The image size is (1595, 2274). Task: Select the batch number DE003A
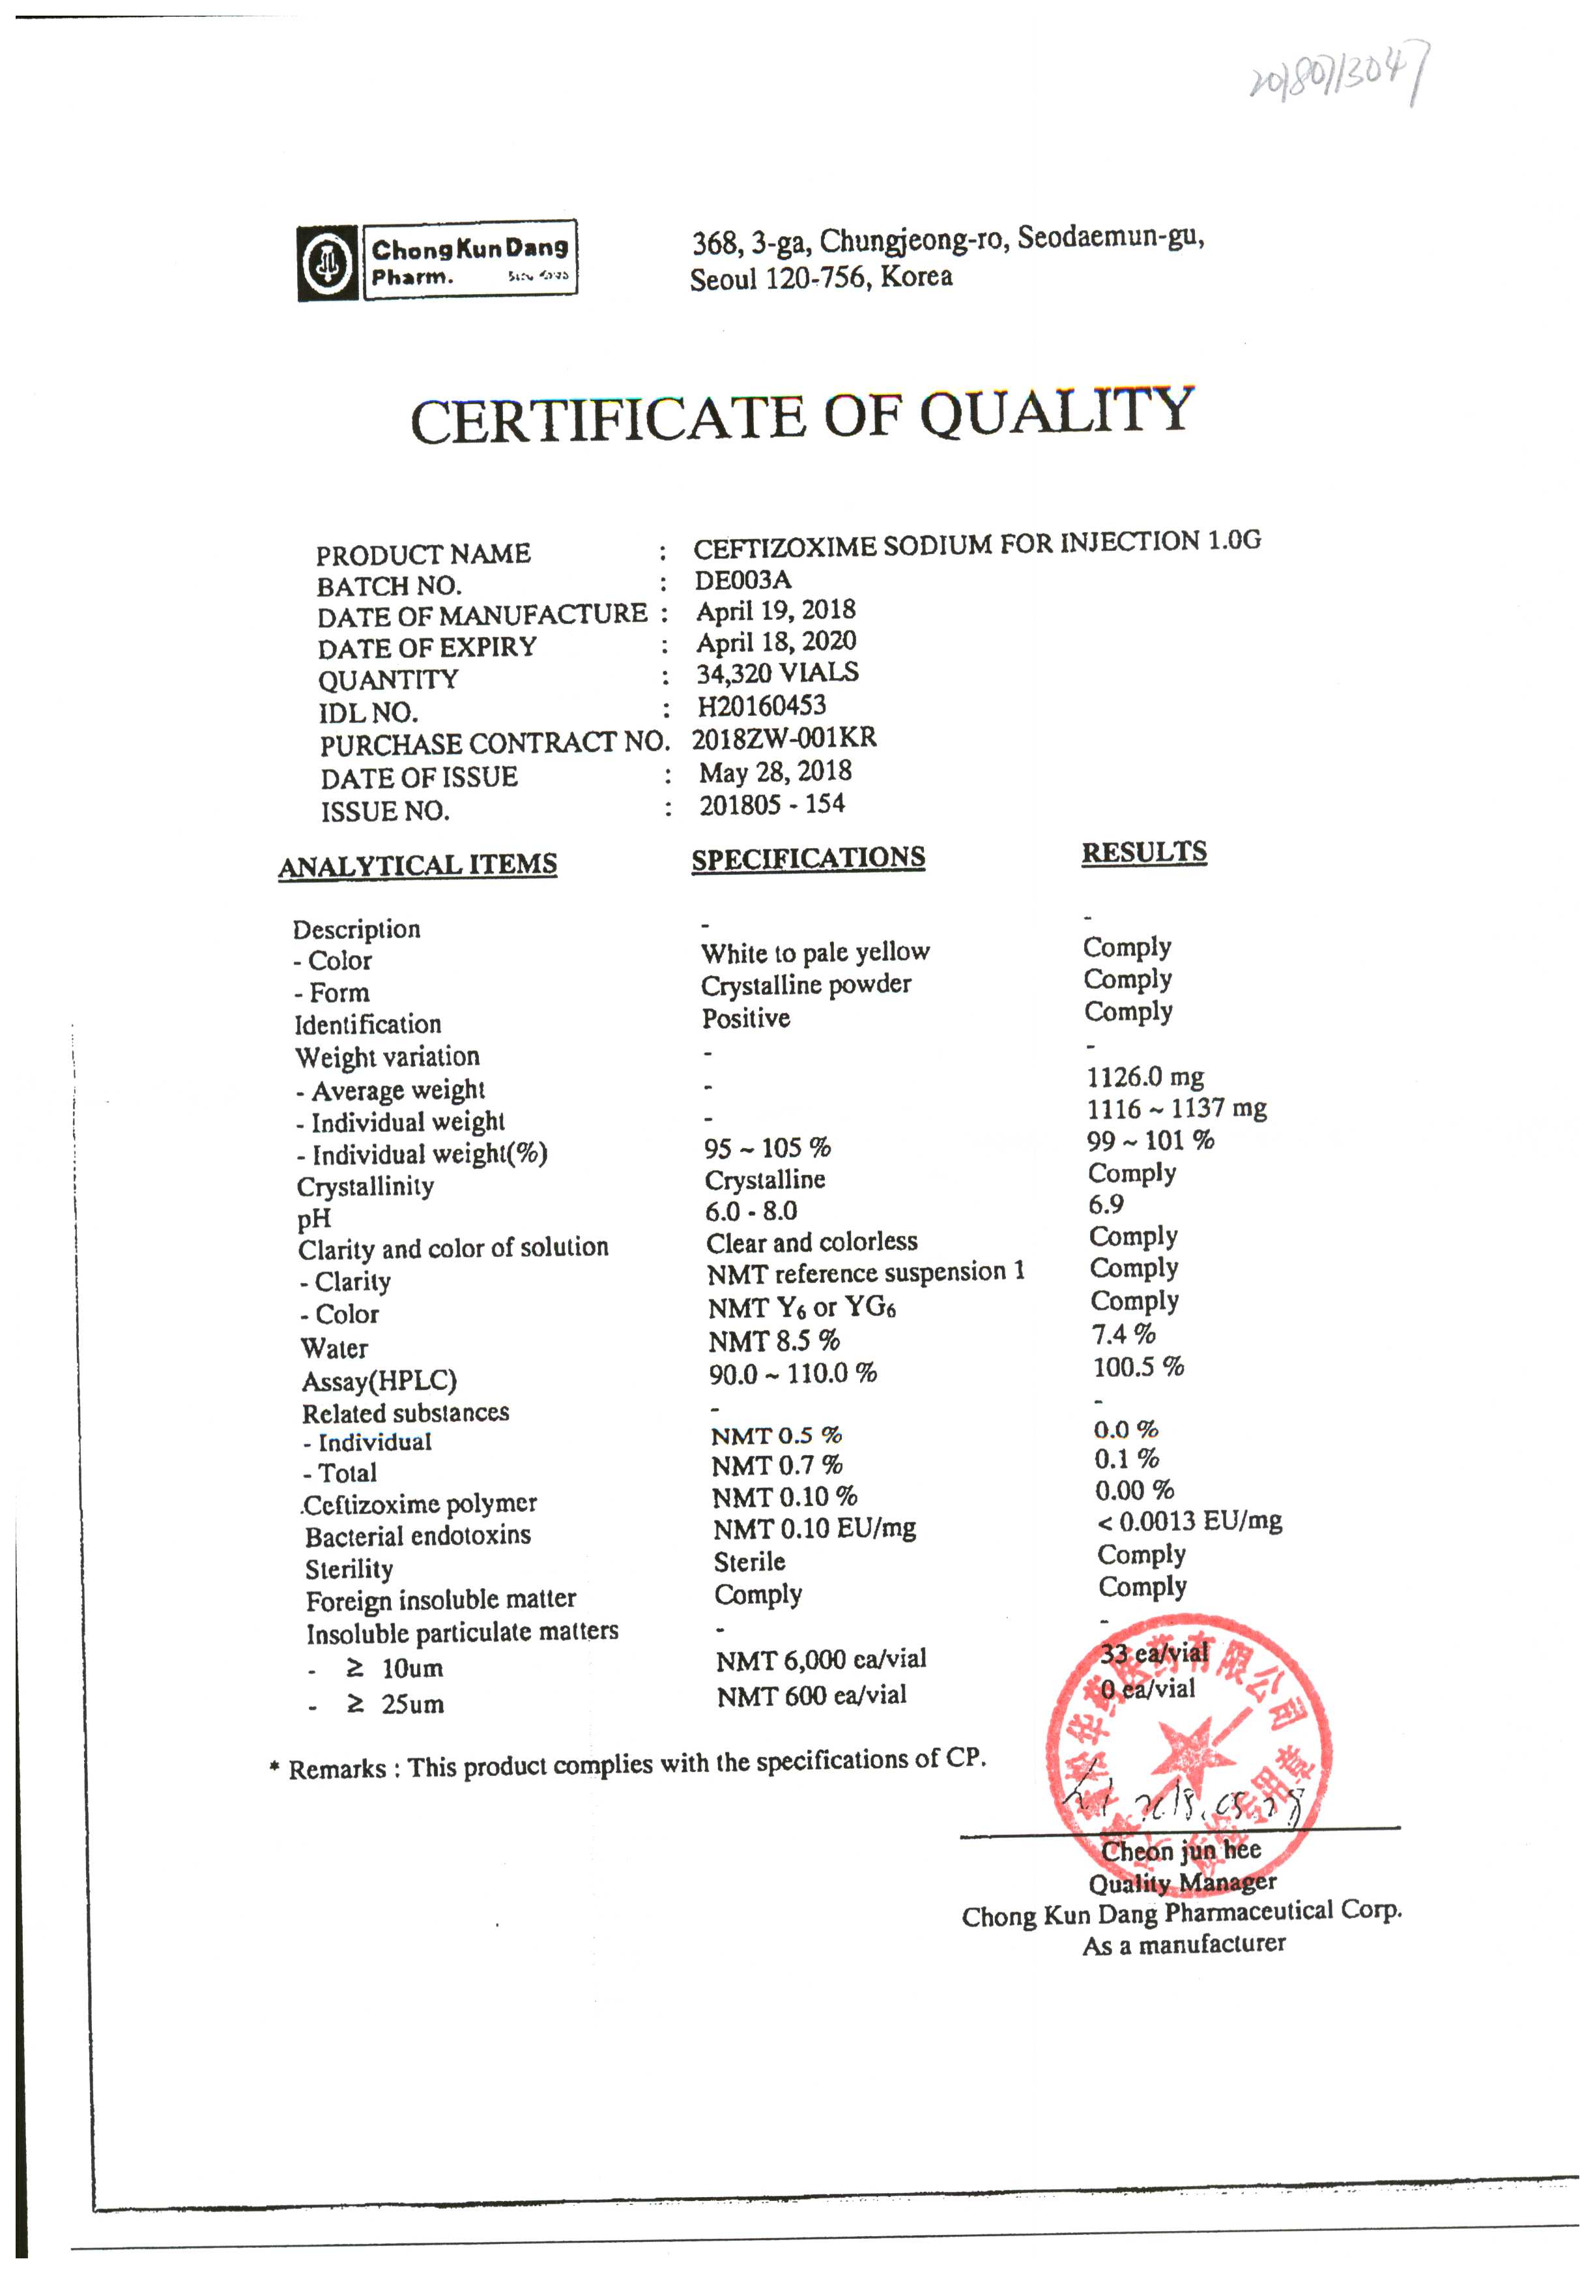click(743, 580)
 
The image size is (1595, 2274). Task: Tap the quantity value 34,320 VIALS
click(777, 673)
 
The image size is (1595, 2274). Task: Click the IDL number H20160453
click(762, 705)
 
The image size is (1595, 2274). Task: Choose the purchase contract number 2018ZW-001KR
click(783, 739)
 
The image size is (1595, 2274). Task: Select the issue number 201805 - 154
click(772, 805)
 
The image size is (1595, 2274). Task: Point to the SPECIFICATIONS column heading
click(808, 858)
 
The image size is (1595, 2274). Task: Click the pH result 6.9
click(1106, 1204)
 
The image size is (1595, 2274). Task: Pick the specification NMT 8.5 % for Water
click(774, 1341)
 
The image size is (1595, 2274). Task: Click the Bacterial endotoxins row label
click(418, 1536)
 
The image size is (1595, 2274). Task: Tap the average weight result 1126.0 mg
click(1145, 1076)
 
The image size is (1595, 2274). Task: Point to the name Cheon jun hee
click(1181, 1850)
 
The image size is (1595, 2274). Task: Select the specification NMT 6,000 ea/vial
click(821, 1660)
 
